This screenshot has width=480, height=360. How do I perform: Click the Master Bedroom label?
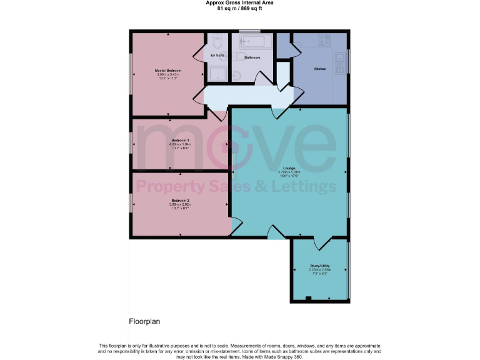coord(168,71)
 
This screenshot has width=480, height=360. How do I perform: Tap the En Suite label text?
coord(217,56)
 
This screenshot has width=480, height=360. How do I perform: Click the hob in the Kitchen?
coord(324,40)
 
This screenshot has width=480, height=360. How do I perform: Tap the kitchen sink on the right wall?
coord(340,61)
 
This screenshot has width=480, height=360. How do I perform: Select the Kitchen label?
coord(320,68)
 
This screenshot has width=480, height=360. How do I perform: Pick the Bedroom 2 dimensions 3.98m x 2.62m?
coord(180,204)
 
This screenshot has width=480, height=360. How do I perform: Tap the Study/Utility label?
coord(319,266)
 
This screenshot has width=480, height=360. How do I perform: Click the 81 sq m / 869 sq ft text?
coord(239,9)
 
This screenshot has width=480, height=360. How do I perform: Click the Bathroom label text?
coord(252,57)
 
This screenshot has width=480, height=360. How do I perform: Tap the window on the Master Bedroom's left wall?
coord(131,74)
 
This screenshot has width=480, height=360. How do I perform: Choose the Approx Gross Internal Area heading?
coord(239,2)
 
